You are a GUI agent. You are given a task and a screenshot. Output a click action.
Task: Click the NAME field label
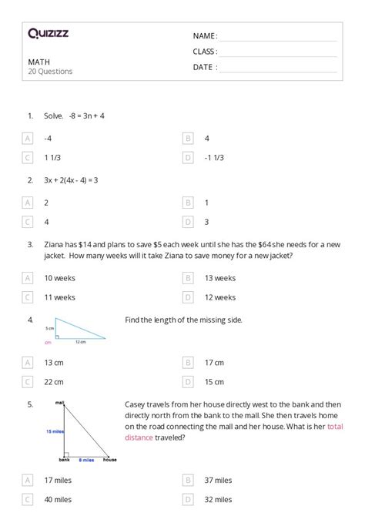[204, 36]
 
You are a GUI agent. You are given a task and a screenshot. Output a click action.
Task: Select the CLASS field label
[205, 52]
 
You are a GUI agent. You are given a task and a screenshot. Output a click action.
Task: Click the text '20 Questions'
[50, 72]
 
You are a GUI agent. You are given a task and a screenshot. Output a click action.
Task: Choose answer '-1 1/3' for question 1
[214, 158]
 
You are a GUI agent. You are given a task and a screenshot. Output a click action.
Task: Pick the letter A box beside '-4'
[28, 139]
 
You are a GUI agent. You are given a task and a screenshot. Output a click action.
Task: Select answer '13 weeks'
[219, 278]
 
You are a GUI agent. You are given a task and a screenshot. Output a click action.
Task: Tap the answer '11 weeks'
[59, 297]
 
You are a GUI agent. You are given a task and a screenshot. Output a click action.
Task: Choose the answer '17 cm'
[214, 362]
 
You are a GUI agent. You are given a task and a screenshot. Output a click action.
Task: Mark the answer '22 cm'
[54, 381]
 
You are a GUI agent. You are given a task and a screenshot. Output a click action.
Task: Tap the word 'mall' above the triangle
[59, 403]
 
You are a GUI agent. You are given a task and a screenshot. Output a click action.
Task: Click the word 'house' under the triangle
[110, 461]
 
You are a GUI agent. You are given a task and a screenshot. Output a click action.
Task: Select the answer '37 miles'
[218, 480]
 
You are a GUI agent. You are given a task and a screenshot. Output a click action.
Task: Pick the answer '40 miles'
[58, 499]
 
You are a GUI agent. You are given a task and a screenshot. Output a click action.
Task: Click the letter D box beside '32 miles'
[187, 499]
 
